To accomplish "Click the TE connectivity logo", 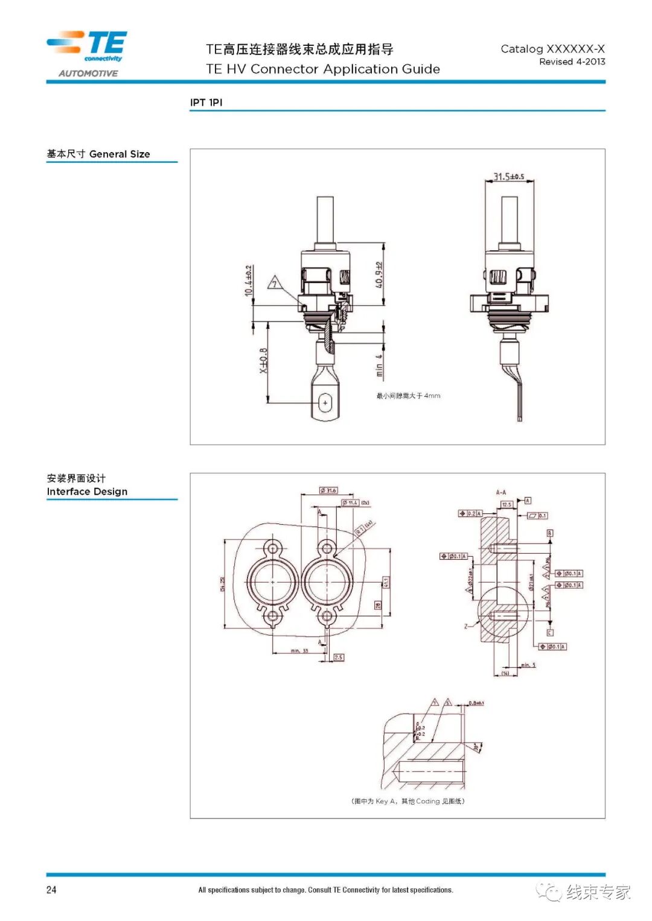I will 88,46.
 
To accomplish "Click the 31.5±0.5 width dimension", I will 509,177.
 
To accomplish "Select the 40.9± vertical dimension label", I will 379,275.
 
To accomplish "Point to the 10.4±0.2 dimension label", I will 249,281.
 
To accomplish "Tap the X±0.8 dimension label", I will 263,361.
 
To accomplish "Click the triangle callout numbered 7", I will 275,282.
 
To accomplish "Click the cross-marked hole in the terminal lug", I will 325,402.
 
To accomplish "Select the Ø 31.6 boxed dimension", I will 328,490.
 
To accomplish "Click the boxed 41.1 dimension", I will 386,583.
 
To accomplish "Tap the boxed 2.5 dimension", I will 339,657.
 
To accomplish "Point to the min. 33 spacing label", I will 299,651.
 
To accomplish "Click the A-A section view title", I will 501,492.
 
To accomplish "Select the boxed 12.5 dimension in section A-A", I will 507,504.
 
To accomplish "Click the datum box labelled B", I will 549,533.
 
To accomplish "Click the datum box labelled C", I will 549,633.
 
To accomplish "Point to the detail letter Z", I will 466,626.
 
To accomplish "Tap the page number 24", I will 51,890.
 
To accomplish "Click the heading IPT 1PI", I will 206,103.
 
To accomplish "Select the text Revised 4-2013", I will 572,62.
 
